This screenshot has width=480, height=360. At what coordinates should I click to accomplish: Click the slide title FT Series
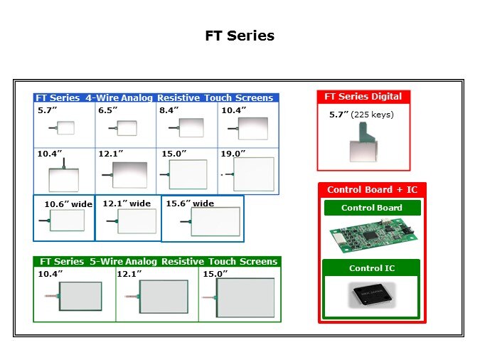pos(240,36)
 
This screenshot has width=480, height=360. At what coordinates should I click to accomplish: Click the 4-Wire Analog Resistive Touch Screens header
pos(156,97)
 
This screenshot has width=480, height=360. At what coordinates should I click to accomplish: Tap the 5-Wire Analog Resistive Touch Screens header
pos(158,261)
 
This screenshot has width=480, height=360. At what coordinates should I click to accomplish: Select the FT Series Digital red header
pos(363,97)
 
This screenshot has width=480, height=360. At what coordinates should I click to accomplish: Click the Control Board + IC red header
pos(372,189)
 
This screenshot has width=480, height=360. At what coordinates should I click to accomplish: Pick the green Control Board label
pos(371,208)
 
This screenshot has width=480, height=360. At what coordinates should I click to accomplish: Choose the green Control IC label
pos(371,268)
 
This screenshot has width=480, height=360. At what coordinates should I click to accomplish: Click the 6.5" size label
pos(109,110)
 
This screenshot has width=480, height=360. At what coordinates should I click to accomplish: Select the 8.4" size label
pos(169,110)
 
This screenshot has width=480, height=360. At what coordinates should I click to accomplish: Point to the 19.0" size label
pos(233,153)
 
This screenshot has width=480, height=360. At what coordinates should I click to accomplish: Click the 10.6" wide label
pos(68,204)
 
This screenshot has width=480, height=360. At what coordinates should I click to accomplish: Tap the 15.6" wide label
pos(189,203)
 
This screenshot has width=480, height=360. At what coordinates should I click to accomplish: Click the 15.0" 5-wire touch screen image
pos(245,297)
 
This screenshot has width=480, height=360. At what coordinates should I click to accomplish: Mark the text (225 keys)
pos(375,115)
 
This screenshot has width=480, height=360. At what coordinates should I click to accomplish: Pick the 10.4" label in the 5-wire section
pos(50,273)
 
